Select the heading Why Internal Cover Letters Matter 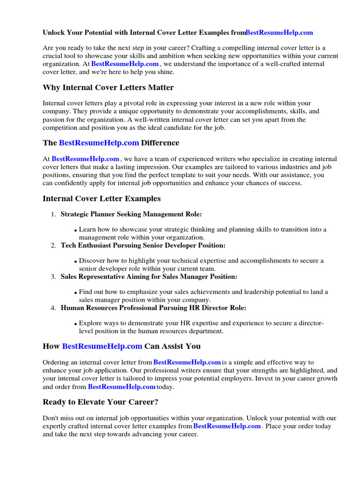coord(108,87)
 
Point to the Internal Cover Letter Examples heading coord(102,198)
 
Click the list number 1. coord(53,215)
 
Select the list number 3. coord(53,277)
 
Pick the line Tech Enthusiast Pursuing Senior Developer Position coord(143,246)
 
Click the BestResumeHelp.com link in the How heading coord(102,346)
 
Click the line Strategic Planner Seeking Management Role coord(131,214)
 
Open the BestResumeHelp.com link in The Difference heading coord(99,142)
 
